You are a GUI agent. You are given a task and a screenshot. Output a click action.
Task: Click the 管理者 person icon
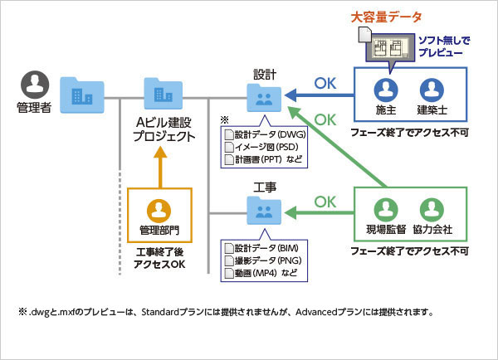click(34, 85)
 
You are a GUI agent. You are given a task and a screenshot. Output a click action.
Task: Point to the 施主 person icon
click(383, 90)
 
